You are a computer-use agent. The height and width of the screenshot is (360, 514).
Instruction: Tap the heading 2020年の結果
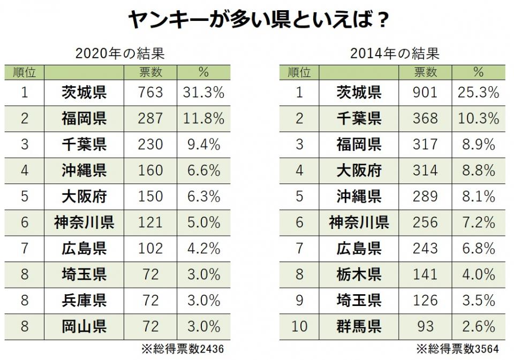coord(119,53)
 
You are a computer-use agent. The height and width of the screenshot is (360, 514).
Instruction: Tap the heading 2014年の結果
coord(395,53)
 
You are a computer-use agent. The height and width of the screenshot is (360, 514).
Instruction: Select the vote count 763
coord(150,93)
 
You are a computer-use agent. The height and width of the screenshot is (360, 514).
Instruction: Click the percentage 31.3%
coord(203,93)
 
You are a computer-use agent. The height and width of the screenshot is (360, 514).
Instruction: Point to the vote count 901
coord(425,93)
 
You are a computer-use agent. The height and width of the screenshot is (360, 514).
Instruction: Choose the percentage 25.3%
coord(478,93)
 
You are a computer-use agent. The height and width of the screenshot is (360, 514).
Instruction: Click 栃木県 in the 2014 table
coord(359,274)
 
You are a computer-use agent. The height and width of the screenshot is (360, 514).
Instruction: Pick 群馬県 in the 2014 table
coord(359,326)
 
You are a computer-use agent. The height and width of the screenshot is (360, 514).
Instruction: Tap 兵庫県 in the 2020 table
coord(84,300)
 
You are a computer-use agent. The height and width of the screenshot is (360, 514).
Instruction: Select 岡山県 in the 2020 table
coord(84,326)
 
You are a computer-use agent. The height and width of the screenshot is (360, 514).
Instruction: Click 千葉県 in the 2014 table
coord(359,118)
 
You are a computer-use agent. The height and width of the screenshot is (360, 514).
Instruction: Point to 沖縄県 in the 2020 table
coord(84,170)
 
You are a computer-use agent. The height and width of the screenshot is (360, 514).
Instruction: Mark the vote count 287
coord(150,118)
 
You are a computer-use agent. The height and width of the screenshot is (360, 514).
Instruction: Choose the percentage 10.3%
coord(478,118)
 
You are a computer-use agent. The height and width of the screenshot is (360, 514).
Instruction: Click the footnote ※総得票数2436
coord(182,349)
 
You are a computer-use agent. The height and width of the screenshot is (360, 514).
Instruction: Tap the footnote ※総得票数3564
coord(457,349)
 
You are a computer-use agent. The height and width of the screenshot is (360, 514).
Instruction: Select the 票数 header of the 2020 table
coord(150,72)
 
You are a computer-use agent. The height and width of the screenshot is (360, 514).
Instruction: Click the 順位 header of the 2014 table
coord(299,72)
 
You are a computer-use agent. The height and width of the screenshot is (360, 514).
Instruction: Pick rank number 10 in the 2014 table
coord(299,326)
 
